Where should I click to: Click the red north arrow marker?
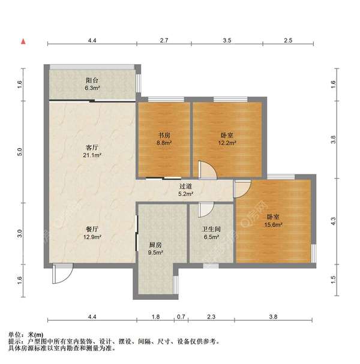(23, 41)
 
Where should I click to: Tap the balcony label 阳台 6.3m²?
(92, 82)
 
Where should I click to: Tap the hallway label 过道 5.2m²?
(186, 190)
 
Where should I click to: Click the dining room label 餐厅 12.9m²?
(92, 233)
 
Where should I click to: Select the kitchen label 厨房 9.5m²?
(155, 249)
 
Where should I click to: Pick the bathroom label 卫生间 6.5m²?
(210, 233)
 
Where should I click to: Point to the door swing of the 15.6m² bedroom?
(241, 189)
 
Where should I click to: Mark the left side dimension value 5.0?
(19, 153)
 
